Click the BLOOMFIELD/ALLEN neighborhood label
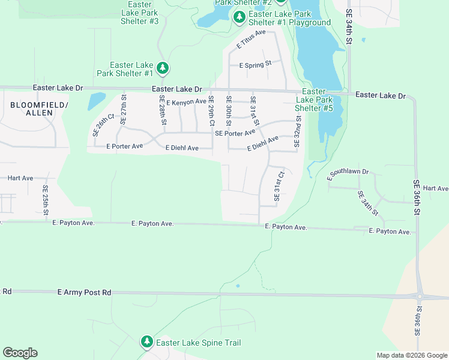point(39,109)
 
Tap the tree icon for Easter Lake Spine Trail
point(146,342)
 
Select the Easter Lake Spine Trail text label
point(198,343)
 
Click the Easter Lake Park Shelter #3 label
point(140,13)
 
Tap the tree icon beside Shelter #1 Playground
point(239,18)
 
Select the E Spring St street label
point(256,64)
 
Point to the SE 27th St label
point(124,109)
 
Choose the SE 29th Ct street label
point(211,110)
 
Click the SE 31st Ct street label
point(277,186)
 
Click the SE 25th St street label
point(46,200)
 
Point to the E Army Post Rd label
point(85,292)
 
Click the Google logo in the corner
point(20,353)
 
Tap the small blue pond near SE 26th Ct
point(96,101)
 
